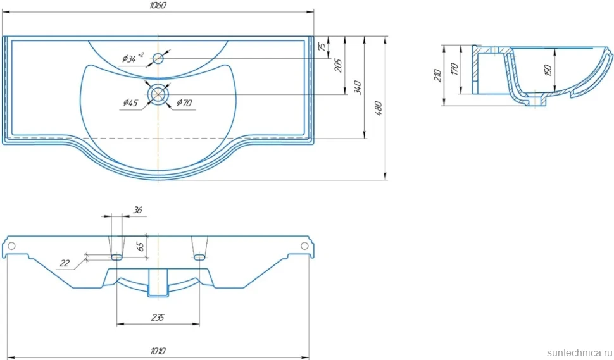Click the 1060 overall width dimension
coord(158,5)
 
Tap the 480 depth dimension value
coord(379,108)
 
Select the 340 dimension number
coord(358,87)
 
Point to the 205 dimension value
coord(338,65)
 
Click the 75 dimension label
coord(322,46)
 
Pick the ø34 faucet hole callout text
coord(132,58)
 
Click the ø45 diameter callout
coord(130,102)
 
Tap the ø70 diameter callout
coord(184,102)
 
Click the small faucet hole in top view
coord(158,59)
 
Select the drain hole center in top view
coord(158,94)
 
